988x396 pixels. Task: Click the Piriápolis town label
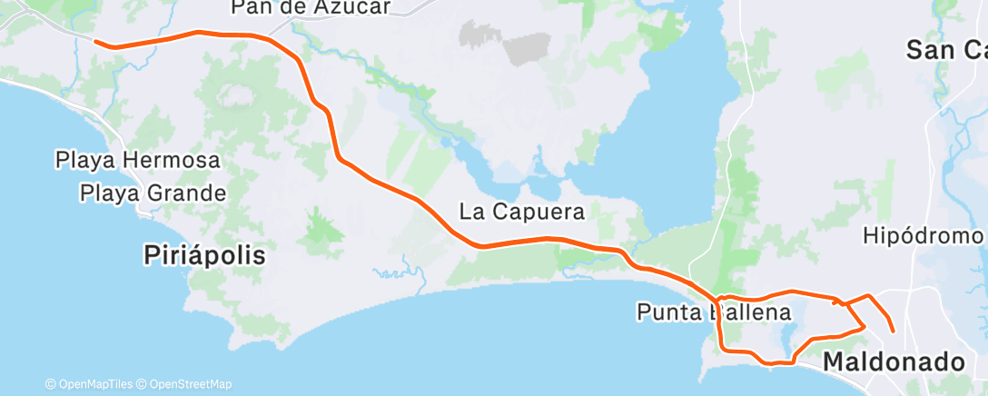click(x=204, y=255)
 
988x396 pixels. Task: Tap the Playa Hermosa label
click(x=138, y=161)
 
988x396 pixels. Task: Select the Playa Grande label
click(x=153, y=193)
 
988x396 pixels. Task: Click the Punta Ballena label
click(x=713, y=313)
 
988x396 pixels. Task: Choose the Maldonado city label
click(x=894, y=361)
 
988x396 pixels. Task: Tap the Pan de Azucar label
click(x=311, y=7)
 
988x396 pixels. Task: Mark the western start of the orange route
click(x=96, y=40)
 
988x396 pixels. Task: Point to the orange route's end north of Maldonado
click(x=894, y=332)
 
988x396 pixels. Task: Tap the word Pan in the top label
click(x=250, y=7)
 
